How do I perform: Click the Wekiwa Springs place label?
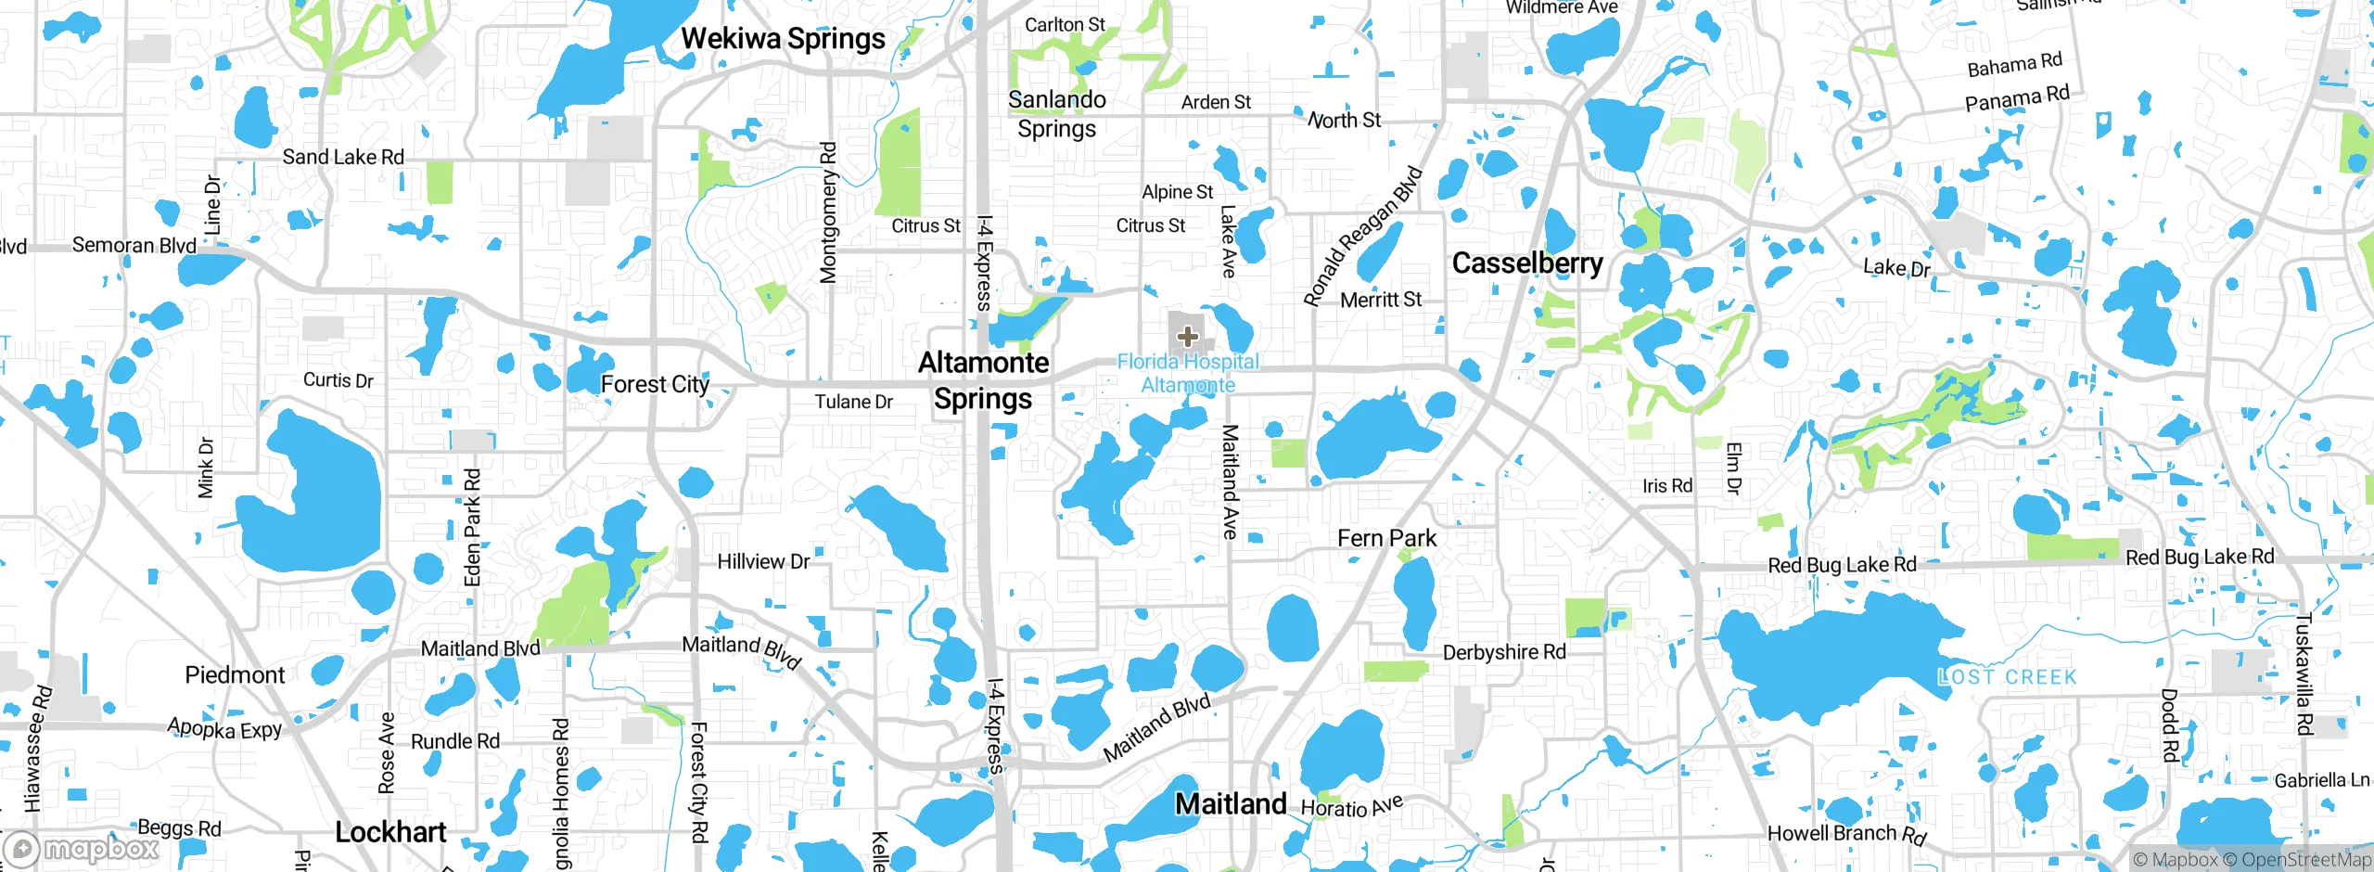click(x=784, y=39)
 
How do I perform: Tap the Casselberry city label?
click(x=1527, y=263)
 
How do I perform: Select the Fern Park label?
click(x=1386, y=538)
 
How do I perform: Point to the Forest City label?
click(x=655, y=384)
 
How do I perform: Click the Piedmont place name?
click(x=235, y=674)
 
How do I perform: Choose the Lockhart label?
click(x=390, y=832)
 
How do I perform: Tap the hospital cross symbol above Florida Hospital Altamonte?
click(x=1187, y=337)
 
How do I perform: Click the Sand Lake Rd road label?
click(x=343, y=157)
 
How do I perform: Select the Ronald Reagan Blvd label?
click(x=1362, y=236)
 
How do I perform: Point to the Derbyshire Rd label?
click(x=1504, y=652)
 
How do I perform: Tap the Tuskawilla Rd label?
click(x=2304, y=674)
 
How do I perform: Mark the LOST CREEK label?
click(x=2008, y=677)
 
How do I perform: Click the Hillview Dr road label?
click(x=763, y=561)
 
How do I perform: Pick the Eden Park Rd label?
click(x=472, y=527)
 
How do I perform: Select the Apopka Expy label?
click(x=224, y=729)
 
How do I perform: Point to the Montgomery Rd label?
click(x=828, y=212)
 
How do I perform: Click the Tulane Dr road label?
click(x=853, y=402)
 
